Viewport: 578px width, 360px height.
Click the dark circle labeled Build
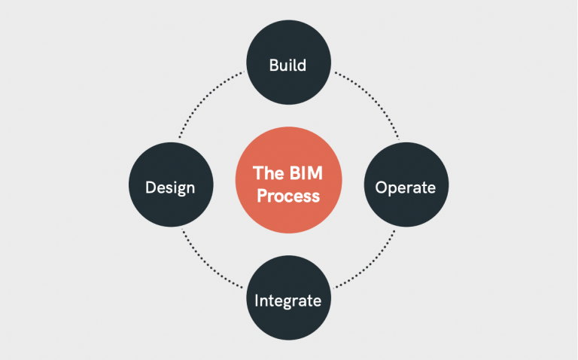(288, 66)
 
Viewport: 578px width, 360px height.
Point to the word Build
(287, 66)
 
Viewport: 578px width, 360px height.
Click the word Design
(170, 186)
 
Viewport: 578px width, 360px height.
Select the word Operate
(406, 187)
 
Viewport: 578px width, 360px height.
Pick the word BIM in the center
(306, 173)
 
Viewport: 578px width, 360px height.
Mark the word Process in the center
(288, 196)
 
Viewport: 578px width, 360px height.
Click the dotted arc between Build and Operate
(373, 102)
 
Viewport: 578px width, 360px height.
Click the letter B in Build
(273, 66)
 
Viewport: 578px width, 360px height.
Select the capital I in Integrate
(257, 301)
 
